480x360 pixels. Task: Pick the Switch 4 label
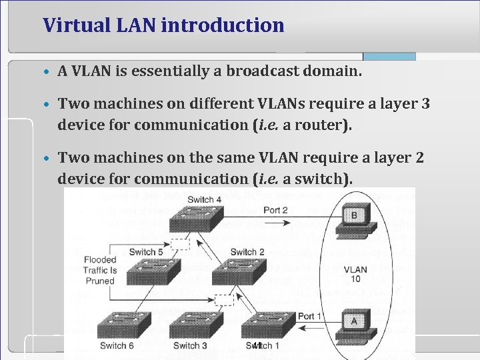coord(205,199)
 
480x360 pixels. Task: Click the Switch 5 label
coord(146,252)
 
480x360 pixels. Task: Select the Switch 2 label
coord(247,252)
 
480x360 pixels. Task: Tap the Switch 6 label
coord(117,345)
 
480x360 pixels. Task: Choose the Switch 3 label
coord(190,345)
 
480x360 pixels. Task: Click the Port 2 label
coord(275,210)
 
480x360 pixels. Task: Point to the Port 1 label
coord(309,315)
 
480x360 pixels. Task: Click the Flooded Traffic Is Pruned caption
coord(99,270)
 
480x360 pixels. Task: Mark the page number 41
coord(257,345)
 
